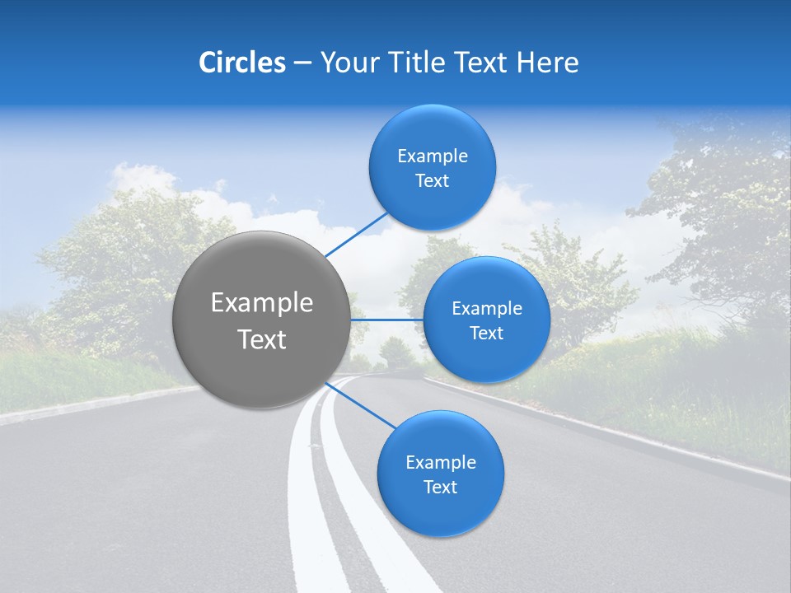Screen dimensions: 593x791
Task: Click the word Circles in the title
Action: [241, 63]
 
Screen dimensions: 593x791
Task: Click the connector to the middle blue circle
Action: [386, 320]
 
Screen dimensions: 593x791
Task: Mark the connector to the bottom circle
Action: [360, 404]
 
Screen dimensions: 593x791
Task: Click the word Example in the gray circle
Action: [261, 303]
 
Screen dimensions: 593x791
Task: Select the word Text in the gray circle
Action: [261, 339]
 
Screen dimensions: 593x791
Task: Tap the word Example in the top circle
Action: [432, 156]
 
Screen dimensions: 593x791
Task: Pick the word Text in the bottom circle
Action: [440, 487]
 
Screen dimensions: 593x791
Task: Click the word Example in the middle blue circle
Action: [486, 309]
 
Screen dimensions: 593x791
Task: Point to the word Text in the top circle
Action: [432, 181]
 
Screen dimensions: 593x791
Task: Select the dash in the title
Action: [302, 63]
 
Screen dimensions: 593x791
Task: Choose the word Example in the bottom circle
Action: [440, 462]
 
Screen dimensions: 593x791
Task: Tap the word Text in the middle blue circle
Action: [486, 334]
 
